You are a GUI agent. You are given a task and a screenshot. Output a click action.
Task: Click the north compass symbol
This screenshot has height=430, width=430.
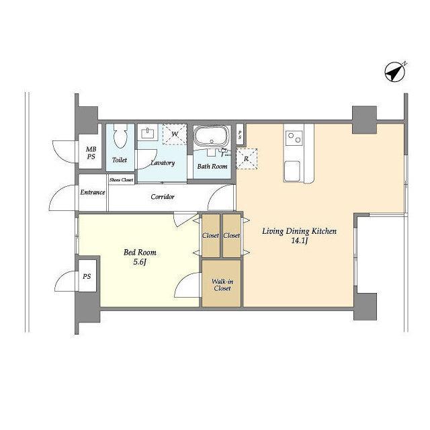point(395,72)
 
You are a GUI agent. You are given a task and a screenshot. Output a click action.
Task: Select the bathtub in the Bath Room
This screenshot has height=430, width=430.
point(212,136)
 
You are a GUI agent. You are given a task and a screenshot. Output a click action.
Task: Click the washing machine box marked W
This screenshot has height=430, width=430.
point(175,134)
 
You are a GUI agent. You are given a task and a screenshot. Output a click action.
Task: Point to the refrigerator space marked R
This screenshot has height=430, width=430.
point(247,159)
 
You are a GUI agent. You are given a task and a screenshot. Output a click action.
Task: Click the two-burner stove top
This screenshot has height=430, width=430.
point(294,138)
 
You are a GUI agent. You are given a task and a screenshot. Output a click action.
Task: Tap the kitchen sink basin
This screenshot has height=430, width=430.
point(292,171)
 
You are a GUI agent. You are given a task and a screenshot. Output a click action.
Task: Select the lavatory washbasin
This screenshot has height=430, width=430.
point(148,134)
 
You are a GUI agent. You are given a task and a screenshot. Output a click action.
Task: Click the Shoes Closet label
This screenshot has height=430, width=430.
point(121,180)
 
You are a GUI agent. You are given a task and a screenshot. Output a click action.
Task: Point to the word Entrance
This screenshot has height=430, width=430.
point(93,192)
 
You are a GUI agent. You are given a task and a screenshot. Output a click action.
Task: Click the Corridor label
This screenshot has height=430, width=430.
point(163,197)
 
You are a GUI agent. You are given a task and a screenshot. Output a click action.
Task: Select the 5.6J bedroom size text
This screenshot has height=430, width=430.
point(140,262)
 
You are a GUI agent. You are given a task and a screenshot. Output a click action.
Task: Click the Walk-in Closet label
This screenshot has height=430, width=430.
point(222,285)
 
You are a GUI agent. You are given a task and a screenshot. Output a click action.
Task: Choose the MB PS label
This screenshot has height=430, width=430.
point(91,153)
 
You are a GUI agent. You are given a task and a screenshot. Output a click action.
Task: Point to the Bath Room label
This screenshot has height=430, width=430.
point(212,166)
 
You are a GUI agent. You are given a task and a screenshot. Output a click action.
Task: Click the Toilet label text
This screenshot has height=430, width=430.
point(120,160)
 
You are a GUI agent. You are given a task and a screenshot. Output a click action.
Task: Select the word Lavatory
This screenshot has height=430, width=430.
point(163,163)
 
